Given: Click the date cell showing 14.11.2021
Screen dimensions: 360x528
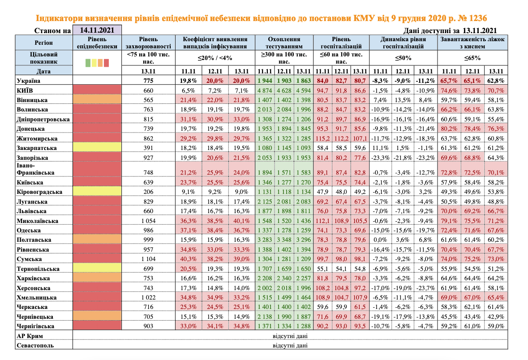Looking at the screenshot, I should click(97, 30).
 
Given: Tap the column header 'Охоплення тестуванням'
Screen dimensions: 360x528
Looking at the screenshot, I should click(283, 43).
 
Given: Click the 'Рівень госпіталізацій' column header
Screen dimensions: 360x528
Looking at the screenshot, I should click(341, 43).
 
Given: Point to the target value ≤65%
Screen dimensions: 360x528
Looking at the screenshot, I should click(472, 58).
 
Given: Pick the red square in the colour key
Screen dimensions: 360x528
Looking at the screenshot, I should click(107, 63).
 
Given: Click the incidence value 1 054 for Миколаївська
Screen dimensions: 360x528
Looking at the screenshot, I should click(148, 221).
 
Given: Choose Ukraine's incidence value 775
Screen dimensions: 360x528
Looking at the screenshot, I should click(148, 81).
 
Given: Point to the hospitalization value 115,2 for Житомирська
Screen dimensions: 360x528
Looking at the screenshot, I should click(322, 138).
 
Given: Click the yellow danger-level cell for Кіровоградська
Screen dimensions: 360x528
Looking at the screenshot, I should click(97, 192).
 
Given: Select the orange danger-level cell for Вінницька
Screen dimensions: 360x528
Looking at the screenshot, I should click(97, 99).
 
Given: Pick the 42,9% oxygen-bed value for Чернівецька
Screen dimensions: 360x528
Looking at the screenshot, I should click(495, 317).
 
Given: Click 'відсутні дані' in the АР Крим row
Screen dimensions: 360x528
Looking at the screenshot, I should click(290, 336).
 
